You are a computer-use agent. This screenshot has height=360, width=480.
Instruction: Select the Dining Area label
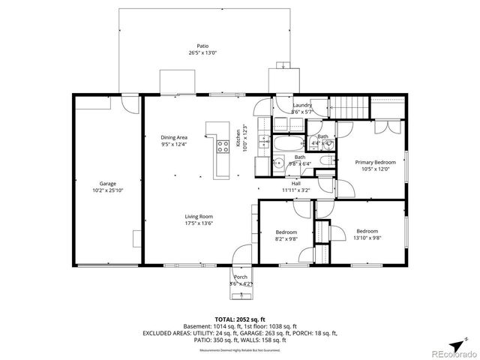[173, 137]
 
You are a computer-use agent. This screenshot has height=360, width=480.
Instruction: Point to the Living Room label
[199, 216]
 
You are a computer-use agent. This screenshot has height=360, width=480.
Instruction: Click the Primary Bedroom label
[375, 162]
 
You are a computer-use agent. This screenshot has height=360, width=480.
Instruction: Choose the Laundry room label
[302, 105]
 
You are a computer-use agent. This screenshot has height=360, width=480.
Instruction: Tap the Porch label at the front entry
[241, 277]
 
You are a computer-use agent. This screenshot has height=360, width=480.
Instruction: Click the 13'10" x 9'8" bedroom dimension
[367, 238]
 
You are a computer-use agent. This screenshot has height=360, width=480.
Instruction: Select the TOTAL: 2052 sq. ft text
[240, 319]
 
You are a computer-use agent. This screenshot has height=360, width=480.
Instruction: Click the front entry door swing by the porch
[241, 255]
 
